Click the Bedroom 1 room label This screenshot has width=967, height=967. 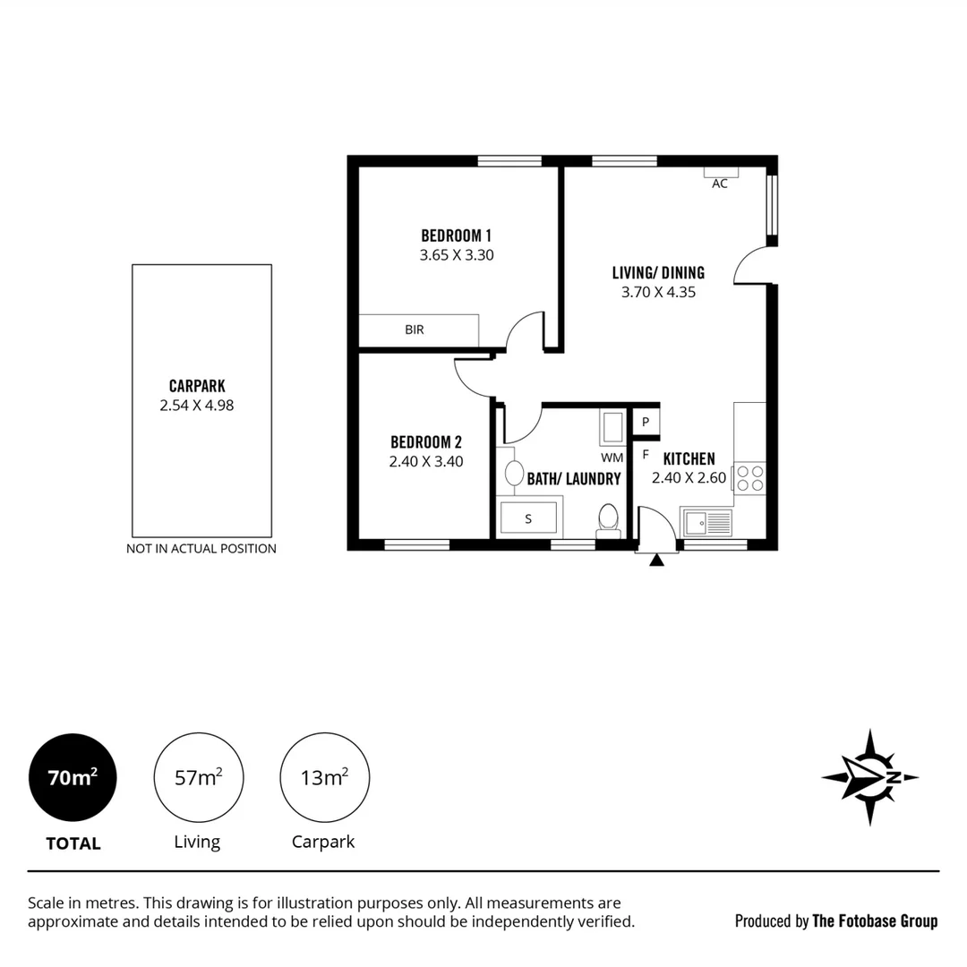[x=457, y=235]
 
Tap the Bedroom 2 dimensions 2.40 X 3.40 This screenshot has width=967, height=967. [x=426, y=462]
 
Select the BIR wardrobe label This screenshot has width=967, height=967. [x=414, y=329]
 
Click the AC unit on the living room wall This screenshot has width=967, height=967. [x=720, y=173]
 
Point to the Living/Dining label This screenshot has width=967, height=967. [x=658, y=273]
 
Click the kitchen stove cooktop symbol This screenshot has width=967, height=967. [x=750, y=477]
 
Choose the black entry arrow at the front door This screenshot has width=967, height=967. [x=657, y=561]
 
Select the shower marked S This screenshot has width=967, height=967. [x=528, y=518]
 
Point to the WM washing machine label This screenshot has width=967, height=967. [x=612, y=458]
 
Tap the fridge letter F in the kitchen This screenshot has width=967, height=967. [x=645, y=454]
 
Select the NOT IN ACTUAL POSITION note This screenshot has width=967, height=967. [x=201, y=548]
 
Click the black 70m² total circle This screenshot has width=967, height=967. [x=73, y=777]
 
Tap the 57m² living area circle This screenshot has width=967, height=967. [x=199, y=777]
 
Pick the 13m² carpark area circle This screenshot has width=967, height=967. [x=324, y=777]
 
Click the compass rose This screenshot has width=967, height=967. [x=869, y=777]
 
